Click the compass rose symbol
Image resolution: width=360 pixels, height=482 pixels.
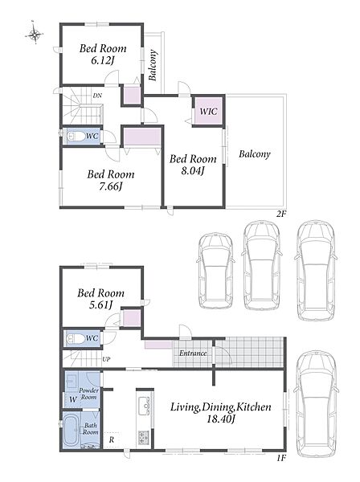pos(34,33)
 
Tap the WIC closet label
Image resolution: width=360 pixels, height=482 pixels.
pos(208,111)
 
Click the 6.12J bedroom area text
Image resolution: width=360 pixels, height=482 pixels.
pos(102,61)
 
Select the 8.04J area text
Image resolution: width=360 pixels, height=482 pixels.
pos(193,170)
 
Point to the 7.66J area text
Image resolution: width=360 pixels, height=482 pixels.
pos(110,186)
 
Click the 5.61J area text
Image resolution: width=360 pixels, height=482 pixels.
pos(100,305)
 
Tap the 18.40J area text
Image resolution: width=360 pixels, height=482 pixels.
pos(220,419)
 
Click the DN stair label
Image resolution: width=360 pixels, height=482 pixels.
pos(97,96)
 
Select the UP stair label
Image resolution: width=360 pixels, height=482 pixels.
pos(106,359)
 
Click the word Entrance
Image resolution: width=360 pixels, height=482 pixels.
pos(193,353)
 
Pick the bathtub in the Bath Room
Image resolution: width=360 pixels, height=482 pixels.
pos(72,429)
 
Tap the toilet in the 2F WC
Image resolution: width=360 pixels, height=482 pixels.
pos(75,137)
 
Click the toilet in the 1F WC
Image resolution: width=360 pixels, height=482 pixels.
pos(76,339)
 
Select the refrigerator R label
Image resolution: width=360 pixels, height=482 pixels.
pos(111,440)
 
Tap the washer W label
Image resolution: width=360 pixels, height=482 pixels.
pos(73,399)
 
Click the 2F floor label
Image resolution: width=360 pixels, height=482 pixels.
pos(281,214)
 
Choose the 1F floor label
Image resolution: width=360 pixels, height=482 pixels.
pos(281,458)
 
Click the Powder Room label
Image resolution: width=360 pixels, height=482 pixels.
pos(89,394)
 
